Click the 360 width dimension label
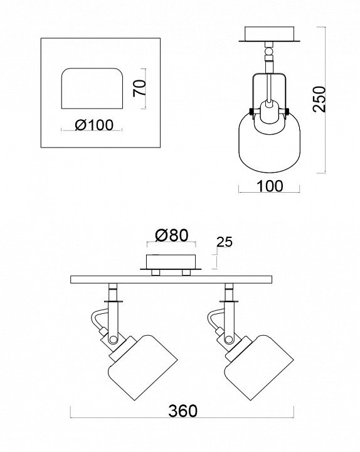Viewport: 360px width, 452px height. pos(183,411)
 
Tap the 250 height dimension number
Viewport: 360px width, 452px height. pos(319,99)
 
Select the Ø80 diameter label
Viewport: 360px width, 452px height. pos(172,235)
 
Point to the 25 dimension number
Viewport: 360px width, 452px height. pos(225,242)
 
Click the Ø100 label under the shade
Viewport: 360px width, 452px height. pos(94,125)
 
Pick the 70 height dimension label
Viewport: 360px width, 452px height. pos(140,89)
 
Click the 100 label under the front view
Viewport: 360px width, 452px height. pos(270,186)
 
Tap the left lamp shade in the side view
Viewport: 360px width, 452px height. pos(143,367)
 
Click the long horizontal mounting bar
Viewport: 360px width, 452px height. pos(171,279)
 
